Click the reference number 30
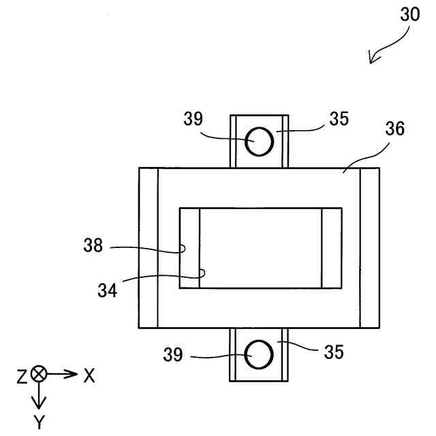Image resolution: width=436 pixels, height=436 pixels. [x=410, y=15]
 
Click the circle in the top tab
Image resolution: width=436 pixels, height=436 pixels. [x=260, y=142]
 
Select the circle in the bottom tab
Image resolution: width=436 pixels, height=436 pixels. [x=260, y=354]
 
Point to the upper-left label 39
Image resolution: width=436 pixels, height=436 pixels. [x=193, y=119]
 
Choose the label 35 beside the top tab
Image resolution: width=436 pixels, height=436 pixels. [x=339, y=119]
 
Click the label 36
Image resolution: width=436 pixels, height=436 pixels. [x=393, y=129]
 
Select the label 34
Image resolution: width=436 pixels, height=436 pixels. [x=106, y=290]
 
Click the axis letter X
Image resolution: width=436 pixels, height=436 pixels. [x=89, y=375]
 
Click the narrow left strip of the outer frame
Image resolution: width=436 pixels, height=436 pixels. [x=148, y=247]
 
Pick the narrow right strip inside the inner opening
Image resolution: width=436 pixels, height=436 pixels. [x=332, y=247]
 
